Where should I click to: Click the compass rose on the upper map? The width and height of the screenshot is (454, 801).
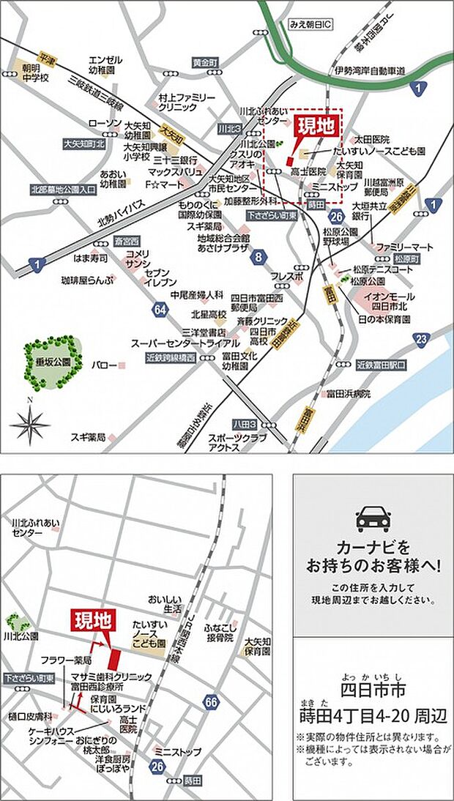30,420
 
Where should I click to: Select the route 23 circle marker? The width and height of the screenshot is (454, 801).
420,338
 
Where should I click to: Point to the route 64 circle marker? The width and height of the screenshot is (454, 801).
160,310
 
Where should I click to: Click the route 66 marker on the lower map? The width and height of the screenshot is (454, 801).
212,702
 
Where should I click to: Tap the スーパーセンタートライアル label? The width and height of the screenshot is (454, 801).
185,343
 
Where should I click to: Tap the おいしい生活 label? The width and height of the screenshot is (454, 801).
163,603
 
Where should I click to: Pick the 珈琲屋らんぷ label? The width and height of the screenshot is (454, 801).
87,280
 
